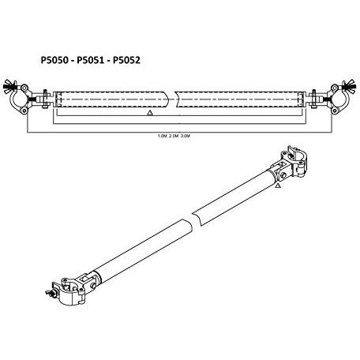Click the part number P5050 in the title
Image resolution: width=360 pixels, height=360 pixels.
(x=54, y=60)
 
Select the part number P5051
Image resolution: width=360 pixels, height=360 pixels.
(x=90, y=60)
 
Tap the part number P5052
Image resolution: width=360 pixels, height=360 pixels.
(x=126, y=60)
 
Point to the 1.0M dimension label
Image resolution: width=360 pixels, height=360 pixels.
(x=163, y=136)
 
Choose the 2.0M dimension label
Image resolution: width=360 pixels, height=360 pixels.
(x=174, y=136)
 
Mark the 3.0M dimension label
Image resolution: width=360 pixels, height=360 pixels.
(x=186, y=136)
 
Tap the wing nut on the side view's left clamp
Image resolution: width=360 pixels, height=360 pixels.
(x=9, y=86)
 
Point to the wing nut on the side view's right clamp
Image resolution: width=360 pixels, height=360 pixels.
(x=350, y=86)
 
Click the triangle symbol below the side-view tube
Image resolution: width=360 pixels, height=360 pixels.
(x=150, y=113)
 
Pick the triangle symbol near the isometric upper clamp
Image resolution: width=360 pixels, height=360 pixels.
(x=277, y=186)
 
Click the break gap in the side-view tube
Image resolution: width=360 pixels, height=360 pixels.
(x=173, y=99)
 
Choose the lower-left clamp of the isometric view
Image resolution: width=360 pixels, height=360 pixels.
(x=69, y=291)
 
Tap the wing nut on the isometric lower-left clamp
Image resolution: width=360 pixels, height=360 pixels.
(x=51, y=294)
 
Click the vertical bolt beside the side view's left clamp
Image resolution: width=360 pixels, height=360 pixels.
(x=45, y=99)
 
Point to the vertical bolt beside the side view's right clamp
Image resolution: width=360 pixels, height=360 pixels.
(x=313, y=99)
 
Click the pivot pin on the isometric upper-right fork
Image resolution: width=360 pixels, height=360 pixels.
(x=283, y=175)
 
